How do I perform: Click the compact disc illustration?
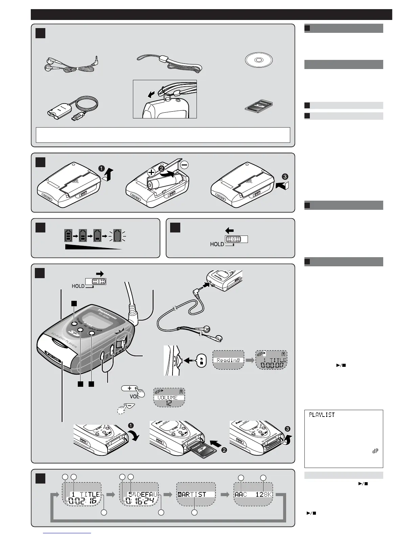click(259, 60)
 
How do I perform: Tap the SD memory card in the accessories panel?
click(259, 106)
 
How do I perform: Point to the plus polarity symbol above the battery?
click(151, 172)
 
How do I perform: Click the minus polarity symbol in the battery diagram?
click(184, 165)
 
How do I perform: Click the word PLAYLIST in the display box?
click(322, 415)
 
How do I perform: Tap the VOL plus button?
click(130, 388)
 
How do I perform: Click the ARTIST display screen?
click(196, 494)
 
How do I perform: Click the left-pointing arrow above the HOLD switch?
click(229, 231)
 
